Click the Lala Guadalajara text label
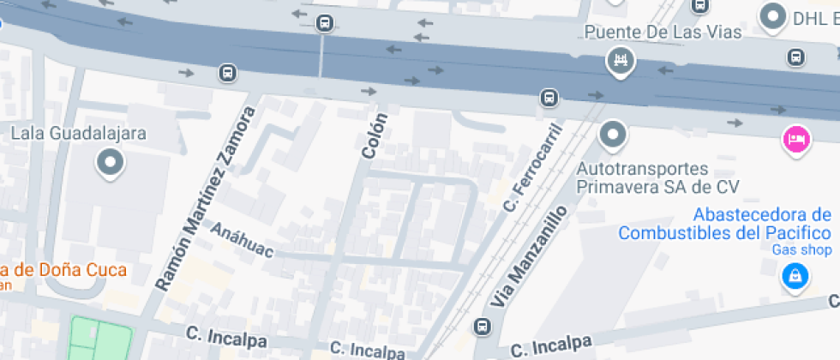point(79,134)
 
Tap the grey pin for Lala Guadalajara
point(111,162)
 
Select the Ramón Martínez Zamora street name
point(207,196)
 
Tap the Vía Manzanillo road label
point(529,256)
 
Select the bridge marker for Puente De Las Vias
point(619,60)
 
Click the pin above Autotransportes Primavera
point(613,134)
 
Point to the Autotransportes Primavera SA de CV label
point(657,177)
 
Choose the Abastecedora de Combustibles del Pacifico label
point(724,223)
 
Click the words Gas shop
point(801,250)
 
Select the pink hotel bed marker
point(796,139)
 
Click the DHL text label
point(814,16)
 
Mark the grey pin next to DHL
point(774,15)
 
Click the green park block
point(100,339)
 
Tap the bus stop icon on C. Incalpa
point(483,327)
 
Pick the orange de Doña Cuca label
point(64,270)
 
